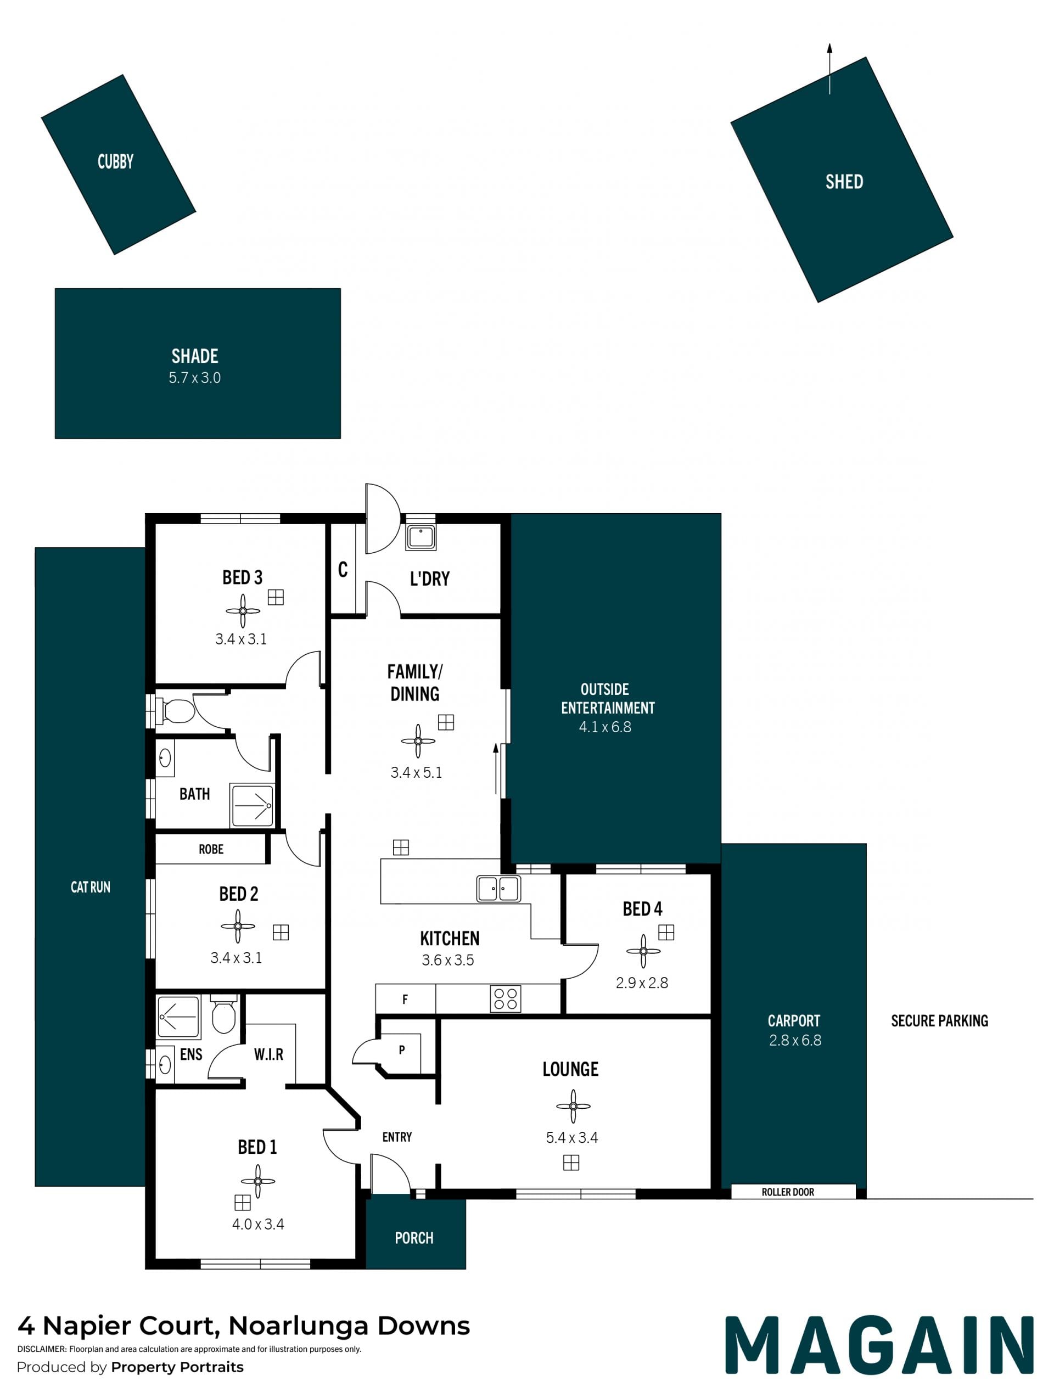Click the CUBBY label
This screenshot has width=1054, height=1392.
(115, 162)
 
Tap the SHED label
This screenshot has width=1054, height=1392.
(844, 182)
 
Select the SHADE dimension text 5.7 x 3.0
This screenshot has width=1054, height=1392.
(194, 378)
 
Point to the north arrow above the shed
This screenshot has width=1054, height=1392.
(829, 69)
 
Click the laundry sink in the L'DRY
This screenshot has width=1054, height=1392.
(421, 537)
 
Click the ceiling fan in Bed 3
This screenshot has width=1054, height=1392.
(243, 610)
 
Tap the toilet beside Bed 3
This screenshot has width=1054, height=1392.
(175, 712)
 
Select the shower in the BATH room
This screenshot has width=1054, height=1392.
(253, 805)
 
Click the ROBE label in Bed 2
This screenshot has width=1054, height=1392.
(211, 849)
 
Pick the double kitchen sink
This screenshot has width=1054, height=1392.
(498, 889)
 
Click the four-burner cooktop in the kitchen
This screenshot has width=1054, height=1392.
(505, 998)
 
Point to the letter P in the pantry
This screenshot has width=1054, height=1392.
(401, 1049)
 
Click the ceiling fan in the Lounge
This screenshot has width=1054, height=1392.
(573, 1105)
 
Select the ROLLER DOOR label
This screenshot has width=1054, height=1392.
(788, 1192)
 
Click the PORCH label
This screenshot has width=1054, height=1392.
(414, 1238)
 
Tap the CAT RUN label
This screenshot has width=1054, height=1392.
(90, 886)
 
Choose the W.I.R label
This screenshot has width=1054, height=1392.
(268, 1054)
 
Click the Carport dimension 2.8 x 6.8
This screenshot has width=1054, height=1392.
(795, 1040)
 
